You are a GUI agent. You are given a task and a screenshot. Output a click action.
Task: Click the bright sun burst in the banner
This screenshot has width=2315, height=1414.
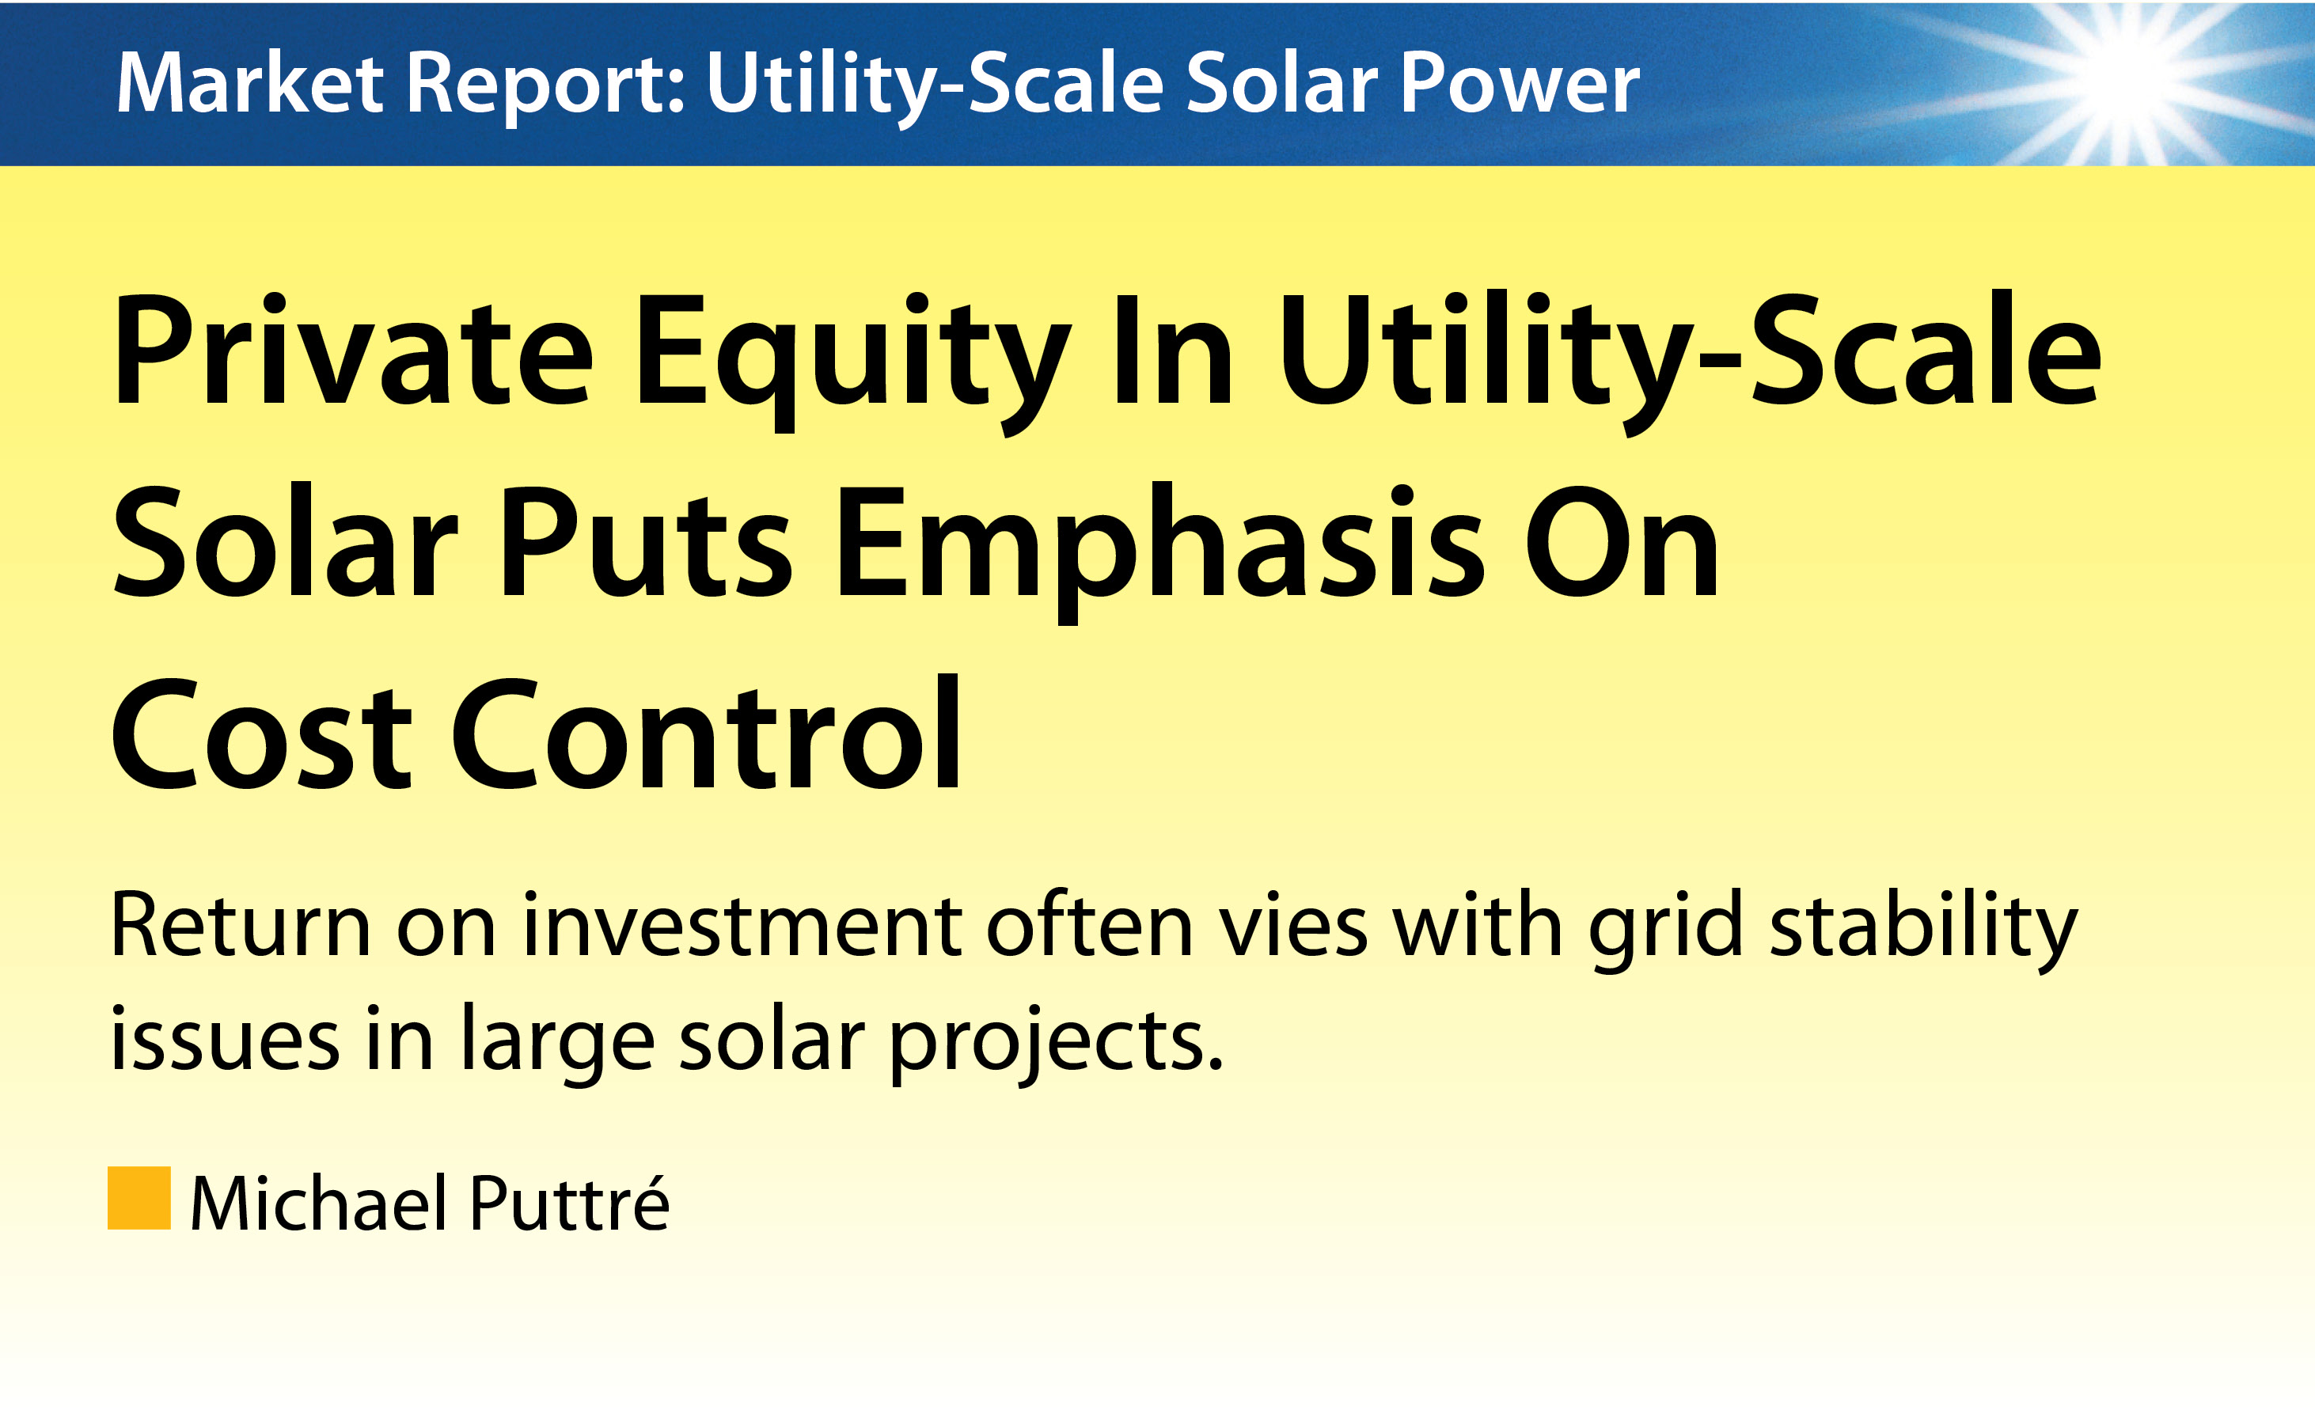point(2125,79)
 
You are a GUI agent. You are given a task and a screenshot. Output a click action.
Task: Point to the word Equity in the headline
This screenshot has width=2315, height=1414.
point(854,362)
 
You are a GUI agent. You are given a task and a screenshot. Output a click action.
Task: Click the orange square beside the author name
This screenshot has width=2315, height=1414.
point(139,1198)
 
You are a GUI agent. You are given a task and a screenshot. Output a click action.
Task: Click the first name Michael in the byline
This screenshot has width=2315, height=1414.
point(318,1203)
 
